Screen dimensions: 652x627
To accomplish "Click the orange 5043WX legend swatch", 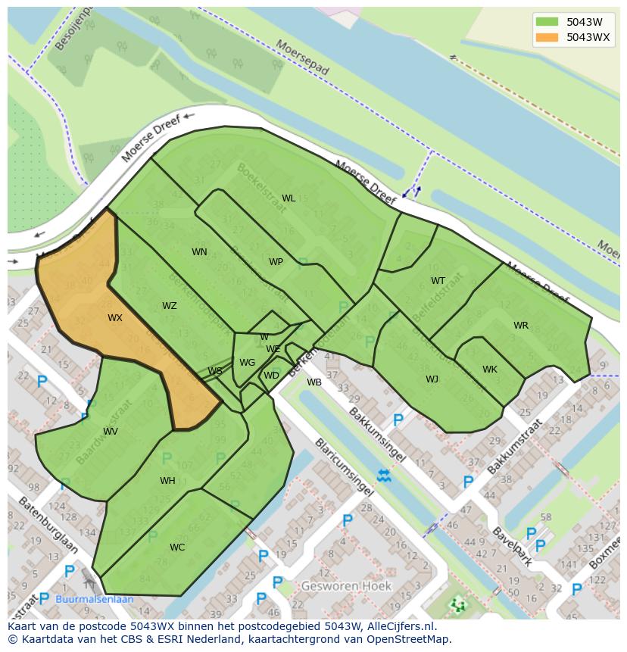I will [546, 37].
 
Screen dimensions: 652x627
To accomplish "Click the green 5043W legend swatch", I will [546, 22].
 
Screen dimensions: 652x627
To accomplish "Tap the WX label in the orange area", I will [114, 318].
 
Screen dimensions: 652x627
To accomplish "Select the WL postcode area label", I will [289, 198].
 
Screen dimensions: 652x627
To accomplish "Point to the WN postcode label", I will [199, 252].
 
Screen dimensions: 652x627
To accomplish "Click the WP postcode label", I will [276, 262].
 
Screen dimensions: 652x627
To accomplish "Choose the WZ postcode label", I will [169, 306].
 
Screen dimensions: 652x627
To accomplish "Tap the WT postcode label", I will [438, 281].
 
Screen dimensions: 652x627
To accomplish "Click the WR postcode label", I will [521, 326].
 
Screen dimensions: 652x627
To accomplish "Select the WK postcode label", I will [490, 370].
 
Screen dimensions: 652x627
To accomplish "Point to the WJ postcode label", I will [432, 379].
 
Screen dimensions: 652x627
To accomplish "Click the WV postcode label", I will [111, 432].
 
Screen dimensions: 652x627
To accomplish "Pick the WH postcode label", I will [167, 481].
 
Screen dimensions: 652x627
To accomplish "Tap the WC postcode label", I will [177, 547].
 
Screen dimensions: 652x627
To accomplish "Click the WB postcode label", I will [314, 382].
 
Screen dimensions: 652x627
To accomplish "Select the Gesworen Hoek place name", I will [346, 586].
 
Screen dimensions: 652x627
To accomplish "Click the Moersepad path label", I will [303, 58].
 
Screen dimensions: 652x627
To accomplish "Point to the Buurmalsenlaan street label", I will [95, 599].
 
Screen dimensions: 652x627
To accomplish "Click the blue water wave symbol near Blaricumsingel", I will [384, 476].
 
